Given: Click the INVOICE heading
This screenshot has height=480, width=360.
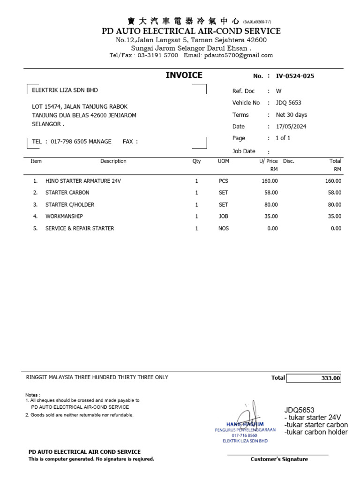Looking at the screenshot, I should point(184,75).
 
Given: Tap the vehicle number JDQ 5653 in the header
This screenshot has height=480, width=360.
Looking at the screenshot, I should point(288,103).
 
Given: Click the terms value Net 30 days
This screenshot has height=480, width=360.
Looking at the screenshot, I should point(291,115).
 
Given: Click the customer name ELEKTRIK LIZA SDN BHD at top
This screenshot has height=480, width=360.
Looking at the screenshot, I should point(65,90).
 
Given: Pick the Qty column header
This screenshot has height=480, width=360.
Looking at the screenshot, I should point(196,161).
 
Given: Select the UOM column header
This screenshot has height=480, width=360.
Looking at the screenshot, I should point(223,161).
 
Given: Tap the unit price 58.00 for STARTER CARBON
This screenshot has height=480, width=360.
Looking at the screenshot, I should point(270,193).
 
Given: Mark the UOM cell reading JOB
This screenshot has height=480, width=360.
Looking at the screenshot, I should point(223,217).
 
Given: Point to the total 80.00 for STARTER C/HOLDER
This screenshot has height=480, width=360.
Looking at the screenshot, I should point(334,205).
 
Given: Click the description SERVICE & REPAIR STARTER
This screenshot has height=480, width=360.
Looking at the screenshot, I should point(80,229).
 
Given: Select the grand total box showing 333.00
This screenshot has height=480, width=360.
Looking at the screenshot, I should point(314,378).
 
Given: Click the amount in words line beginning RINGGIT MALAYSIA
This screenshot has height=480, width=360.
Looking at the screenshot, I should point(97,377).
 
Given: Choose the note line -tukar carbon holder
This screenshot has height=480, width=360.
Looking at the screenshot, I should point(316,432).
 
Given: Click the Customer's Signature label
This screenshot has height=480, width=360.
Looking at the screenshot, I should point(279,459).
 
